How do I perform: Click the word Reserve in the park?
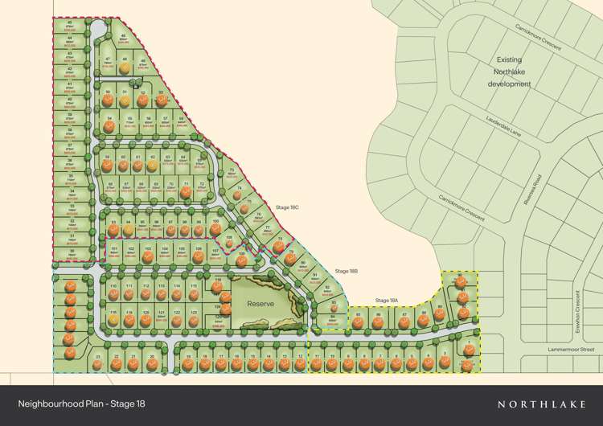(260, 304)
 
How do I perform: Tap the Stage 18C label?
(286, 207)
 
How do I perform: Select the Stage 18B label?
(347, 271)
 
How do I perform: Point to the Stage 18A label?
(388, 301)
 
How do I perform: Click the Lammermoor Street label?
(571, 350)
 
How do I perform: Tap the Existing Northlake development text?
(509, 72)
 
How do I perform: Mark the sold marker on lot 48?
(125, 68)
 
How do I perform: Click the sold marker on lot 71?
(186, 192)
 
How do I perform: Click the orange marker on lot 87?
(404, 324)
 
